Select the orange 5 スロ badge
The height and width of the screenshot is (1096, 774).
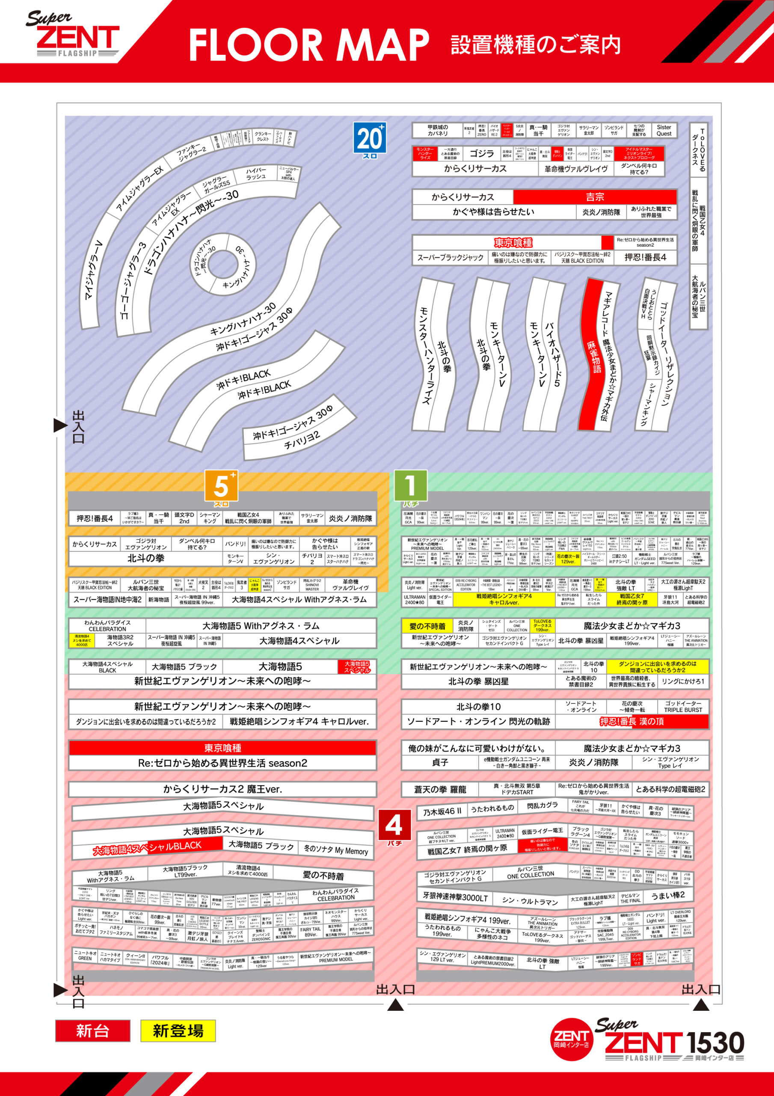click(221, 487)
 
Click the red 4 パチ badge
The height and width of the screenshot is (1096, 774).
click(394, 827)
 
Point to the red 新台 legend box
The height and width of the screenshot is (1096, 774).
click(92, 1030)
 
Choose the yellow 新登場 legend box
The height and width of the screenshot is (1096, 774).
click(178, 1030)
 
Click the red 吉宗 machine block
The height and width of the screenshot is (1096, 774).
click(595, 197)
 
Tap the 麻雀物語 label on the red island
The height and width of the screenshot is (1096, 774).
click(594, 357)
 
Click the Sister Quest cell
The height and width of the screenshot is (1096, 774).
click(664, 130)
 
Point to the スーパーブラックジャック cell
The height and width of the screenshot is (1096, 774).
click(450, 258)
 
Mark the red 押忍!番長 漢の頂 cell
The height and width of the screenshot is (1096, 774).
click(632, 721)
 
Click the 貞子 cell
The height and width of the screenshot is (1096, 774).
click(440, 762)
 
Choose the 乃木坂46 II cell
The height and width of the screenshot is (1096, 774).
click(442, 811)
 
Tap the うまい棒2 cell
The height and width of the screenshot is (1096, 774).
click(668, 895)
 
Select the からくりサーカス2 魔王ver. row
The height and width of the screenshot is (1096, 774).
click(222, 789)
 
